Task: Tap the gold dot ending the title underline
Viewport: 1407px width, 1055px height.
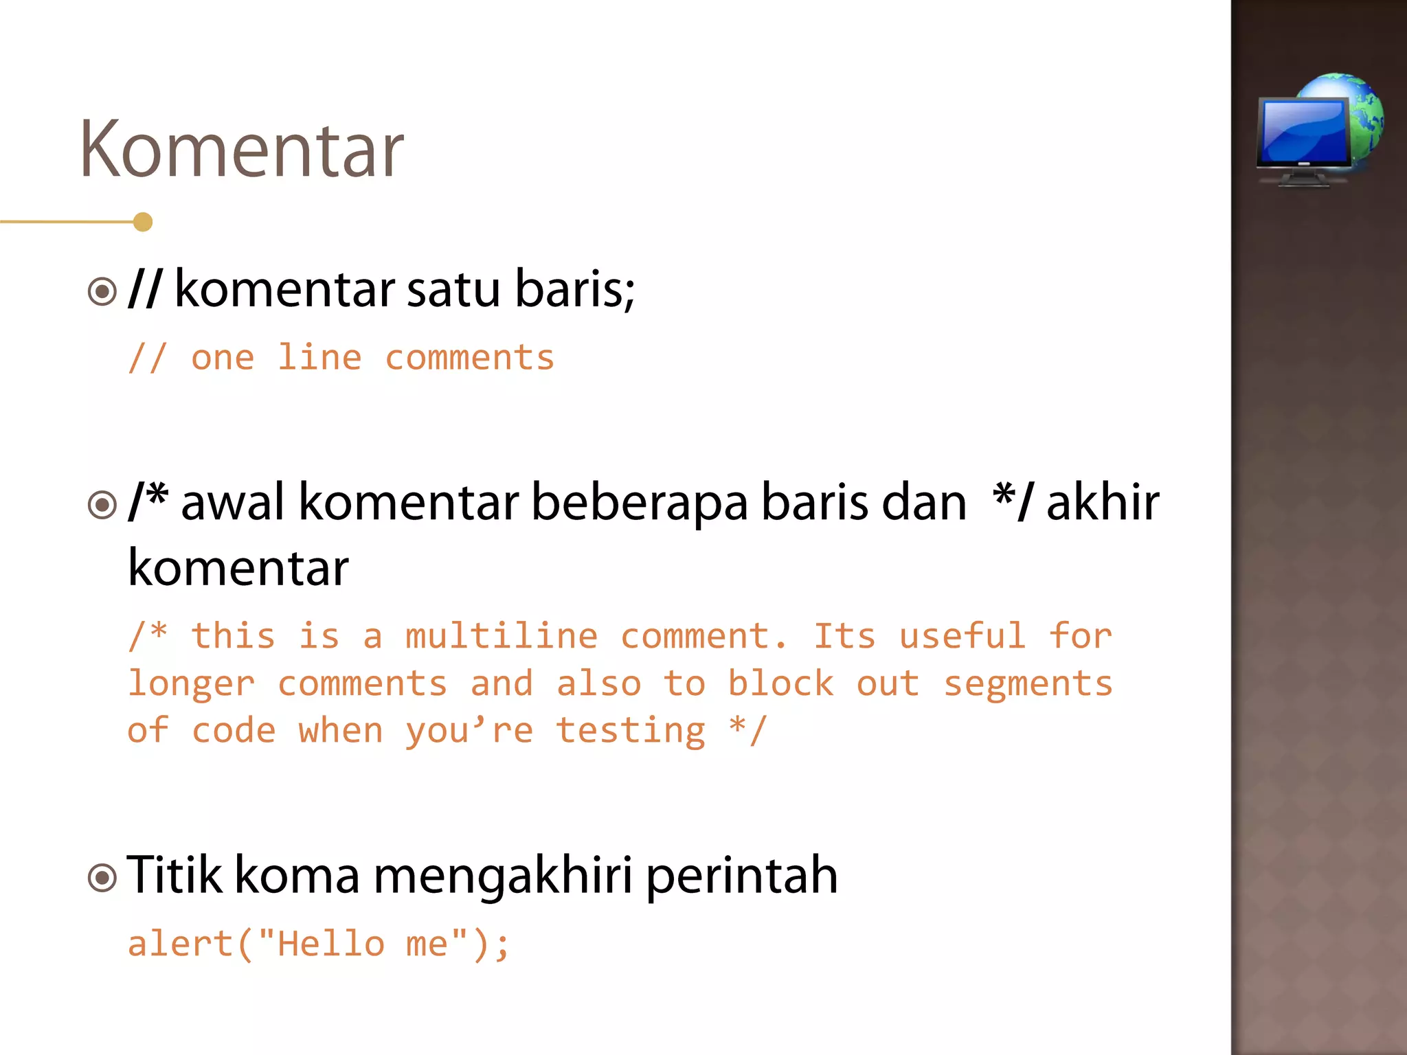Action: [x=143, y=222]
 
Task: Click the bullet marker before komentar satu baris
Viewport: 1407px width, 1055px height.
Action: [x=102, y=291]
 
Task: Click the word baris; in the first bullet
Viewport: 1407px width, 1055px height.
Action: [x=575, y=289]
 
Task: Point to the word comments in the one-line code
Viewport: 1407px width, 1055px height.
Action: [x=469, y=358]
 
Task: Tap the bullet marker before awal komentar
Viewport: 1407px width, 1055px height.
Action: [x=102, y=505]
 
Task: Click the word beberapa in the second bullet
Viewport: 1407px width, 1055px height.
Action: [x=640, y=503]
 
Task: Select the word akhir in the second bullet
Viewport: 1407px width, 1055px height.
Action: [x=1102, y=503]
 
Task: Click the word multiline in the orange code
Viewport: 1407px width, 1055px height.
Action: [x=502, y=636]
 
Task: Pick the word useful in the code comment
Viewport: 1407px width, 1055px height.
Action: [x=963, y=636]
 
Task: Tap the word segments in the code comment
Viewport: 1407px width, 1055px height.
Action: [x=1028, y=684]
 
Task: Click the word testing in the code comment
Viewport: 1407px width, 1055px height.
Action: [x=631, y=731]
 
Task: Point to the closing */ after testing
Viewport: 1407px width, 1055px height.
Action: [x=747, y=731]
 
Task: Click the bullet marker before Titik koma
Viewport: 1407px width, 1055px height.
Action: [x=102, y=877]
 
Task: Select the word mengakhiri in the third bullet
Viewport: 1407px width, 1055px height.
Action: [x=502, y=876]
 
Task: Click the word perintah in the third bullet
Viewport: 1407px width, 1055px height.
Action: [x=742, y=876]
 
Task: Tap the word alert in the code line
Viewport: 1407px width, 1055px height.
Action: [x=181, y=944]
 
